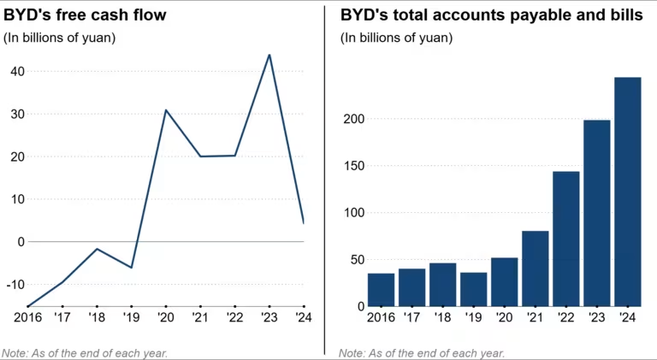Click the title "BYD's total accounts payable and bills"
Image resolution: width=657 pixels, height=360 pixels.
click(491, 15)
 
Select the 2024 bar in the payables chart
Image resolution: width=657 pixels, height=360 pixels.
click(627, 192)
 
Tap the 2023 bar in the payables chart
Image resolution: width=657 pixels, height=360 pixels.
click(596, 213)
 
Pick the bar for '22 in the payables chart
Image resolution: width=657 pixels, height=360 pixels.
click(565, 239)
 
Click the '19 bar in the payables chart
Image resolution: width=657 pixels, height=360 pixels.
click(473, 289)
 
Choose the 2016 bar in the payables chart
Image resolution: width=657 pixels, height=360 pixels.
click(381, 290)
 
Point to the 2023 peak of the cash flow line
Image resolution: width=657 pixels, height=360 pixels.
click(269, 55)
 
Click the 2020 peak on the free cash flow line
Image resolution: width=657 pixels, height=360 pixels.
click(165, 110)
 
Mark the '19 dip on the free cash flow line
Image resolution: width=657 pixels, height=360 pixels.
click(131, 268)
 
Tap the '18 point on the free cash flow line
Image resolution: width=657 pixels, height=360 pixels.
click(97, 249)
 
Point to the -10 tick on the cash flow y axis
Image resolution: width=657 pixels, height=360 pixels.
click(14, 284)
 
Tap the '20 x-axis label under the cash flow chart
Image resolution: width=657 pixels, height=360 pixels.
click(165, 318)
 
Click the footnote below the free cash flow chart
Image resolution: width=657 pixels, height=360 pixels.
click(85, 352)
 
